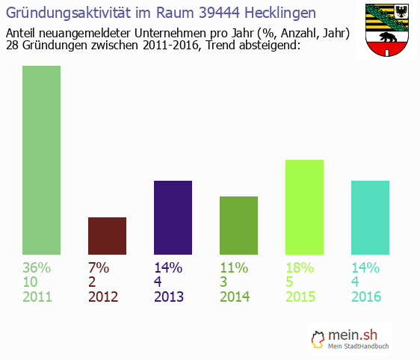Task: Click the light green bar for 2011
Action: point(41,160)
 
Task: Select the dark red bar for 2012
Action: point(107,235)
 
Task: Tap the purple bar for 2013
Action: point(173,217)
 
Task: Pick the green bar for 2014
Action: point(238,225)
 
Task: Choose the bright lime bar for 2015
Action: point(304,207)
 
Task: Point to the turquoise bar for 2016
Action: point(370,217)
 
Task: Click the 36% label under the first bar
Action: point(37,267)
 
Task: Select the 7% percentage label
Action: point(99,267)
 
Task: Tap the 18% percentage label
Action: point(300,267)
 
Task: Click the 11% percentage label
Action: point(234,267)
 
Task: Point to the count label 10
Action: point(31,282)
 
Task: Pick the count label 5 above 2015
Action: point(290,282)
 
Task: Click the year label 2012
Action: point(103,297)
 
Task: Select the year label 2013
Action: point(169,297)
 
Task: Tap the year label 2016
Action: point(366,297)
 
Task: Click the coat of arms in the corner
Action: point(386,31)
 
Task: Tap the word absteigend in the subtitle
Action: point(268,46)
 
